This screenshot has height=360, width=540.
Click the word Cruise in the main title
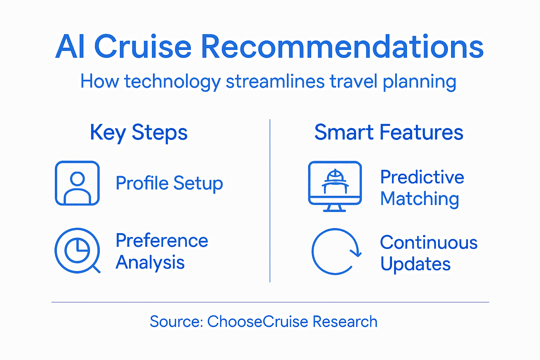[143, 47]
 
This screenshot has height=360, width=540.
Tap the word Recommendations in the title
[342, 47]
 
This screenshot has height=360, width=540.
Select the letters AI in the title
[70, 47]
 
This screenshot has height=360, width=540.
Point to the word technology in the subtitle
[172, 82]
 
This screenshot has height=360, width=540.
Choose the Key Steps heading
[139, 133]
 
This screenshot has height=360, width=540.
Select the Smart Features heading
[388, 132]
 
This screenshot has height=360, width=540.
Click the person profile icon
[77, 183]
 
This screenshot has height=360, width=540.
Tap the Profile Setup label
[169, 183]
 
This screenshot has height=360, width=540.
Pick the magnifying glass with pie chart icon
[77, 251]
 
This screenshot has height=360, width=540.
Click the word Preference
[162, 241]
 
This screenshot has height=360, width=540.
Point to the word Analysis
[150, 263]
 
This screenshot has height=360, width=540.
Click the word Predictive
[422, 177]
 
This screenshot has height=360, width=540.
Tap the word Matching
[419, 199]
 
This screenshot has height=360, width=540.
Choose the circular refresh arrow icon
[336, 251]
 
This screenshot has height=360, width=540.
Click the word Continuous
[429, 243]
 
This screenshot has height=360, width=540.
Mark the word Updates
[415, 264]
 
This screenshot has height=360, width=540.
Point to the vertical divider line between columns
[270, 200]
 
